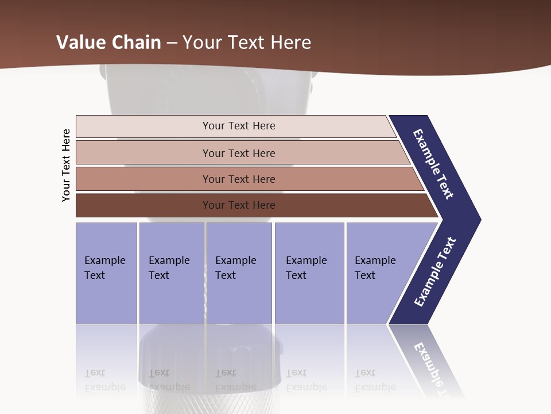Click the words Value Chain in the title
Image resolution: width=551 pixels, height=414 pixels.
pyautogui.click(x=108, y=42)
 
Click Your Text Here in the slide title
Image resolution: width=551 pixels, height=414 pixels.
pyautogui.click(x=247, y=42)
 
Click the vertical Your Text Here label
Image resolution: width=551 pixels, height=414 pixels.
pyautogui.click(x=66, y=165)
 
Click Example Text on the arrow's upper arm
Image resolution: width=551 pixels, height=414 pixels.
pyautogui.click(x=433, y=164)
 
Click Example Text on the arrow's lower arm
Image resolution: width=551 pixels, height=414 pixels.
pyautogui.click(x=435, y=272)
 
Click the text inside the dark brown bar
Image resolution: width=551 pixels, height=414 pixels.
pyautogui.click(x=239, y=205)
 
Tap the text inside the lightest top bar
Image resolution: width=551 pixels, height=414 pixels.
pyautogui.click(x=239, y=126)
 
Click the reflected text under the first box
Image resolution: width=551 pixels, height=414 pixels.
pyautogui.click(x=104, y=379)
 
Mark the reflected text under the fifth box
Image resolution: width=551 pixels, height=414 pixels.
pyautogui.click(x=375, y=379)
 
